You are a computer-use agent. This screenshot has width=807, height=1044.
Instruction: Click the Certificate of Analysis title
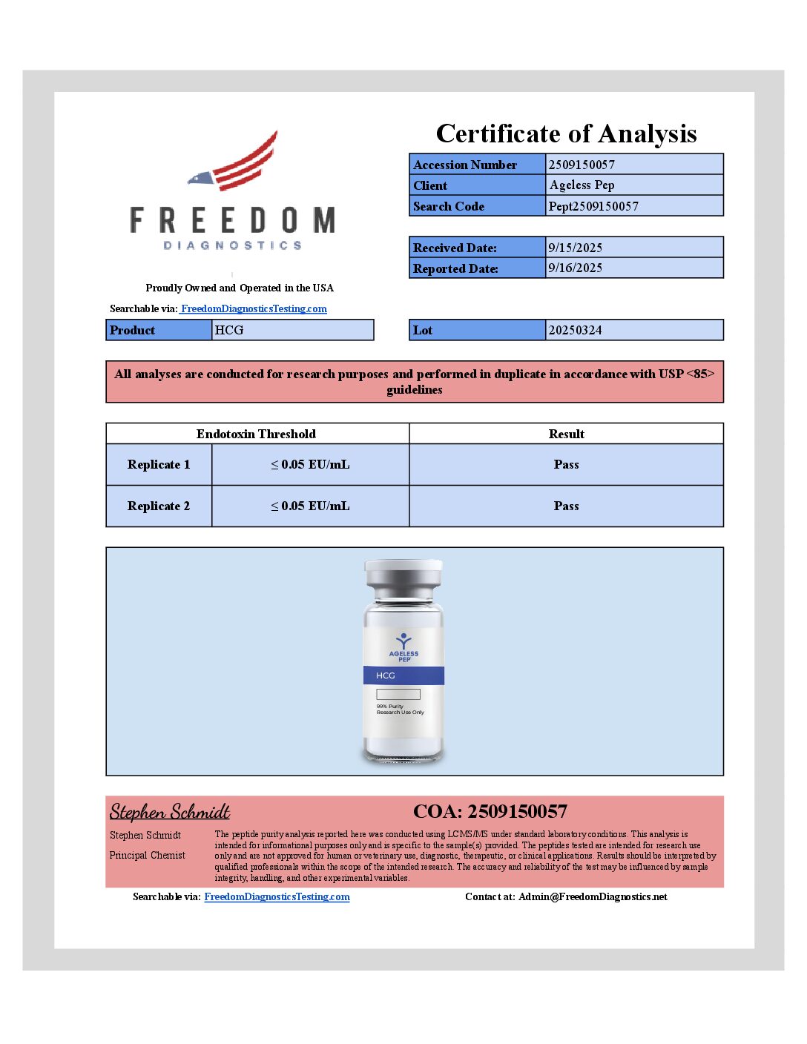pos(566,133)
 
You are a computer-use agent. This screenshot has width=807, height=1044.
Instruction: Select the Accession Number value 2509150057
pos(582,165)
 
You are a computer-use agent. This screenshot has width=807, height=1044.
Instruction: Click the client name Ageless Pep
pos(582,185)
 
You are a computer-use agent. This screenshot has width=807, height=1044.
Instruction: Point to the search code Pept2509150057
pos(593,206)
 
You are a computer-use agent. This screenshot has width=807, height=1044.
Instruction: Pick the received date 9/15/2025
pos(575,248)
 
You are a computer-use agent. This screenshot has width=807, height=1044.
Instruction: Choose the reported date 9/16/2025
pos(575,268)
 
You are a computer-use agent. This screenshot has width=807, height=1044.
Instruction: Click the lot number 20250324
pos(575,330)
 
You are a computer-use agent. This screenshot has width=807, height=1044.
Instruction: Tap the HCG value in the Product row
pos(229,330)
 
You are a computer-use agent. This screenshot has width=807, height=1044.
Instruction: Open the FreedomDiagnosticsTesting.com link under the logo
pos(254,308)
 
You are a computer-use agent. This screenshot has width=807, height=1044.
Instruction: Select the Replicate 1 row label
pos(159,465)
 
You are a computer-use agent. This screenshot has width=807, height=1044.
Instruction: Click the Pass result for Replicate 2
pos(566,506)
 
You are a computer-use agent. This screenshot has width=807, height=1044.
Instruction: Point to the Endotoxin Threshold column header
pos(256,434)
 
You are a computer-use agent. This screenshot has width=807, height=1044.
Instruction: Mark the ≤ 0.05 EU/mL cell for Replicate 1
pos(310,465)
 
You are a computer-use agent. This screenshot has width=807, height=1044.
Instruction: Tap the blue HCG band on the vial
pos(403,675)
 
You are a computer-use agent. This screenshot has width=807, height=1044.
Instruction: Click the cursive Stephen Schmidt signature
pos(170,812)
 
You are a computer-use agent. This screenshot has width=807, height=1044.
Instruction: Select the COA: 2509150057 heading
pos(490,812)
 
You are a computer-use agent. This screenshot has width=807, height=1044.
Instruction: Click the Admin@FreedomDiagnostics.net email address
pos(593,897)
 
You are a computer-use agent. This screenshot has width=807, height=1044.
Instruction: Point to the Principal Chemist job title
pos(148,856)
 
